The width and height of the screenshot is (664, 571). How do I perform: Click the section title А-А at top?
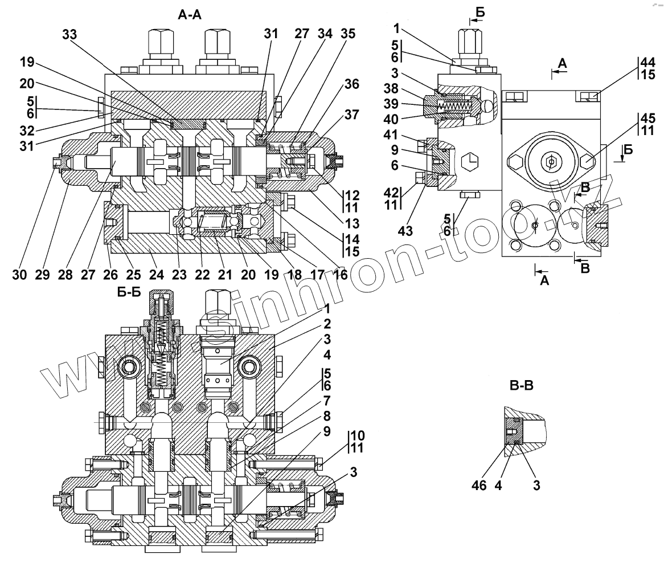coord(189,15)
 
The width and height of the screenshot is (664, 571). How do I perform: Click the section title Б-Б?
coord(129,292)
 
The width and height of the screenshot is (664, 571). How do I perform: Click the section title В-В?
coord(521,385)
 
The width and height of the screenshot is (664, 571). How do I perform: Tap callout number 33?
coord(70,34)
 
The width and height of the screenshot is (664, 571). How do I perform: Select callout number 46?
coord(479,486)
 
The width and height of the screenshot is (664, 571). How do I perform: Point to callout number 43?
coord(405,231)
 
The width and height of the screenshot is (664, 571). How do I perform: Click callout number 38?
coord(391,88)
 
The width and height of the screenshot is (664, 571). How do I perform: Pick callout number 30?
coord(19,275)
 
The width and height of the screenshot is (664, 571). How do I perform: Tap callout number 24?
coord(156,275)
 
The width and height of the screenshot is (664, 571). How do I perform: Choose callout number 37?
coord(351,115)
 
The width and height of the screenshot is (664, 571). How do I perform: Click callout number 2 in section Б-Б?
coord(327,324)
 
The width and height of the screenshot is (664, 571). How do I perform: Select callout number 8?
coord(327,416)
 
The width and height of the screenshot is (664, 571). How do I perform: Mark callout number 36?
coord(351,84)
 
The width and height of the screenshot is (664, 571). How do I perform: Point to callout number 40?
coord(391,120)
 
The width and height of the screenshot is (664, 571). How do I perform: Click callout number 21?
coord(225,275)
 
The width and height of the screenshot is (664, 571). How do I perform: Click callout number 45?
coord(648,119)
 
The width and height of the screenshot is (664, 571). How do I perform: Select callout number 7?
coord(327,401)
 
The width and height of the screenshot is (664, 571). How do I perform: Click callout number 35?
coord(348,34)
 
